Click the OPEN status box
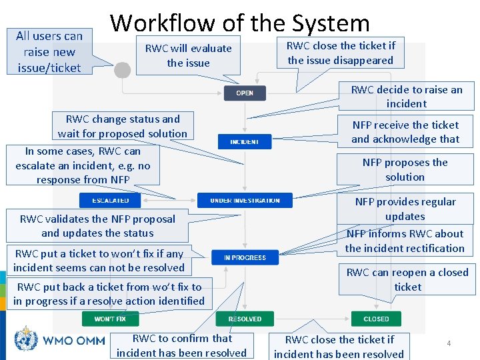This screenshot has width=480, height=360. click(x=245, y=93)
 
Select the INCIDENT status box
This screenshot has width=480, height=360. click(x=245, y=141)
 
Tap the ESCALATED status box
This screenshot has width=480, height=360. click(x=111, y=200)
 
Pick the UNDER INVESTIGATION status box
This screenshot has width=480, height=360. click(x=245, y=200)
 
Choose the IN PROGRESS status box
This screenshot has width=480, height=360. click(x=245, y=257)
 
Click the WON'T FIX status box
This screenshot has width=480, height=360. click(x=110, y=319)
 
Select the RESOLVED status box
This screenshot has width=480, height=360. click(x=245, y=319)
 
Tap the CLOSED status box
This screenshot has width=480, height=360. click(x=376, y=319)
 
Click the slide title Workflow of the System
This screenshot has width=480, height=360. click(x=240, y=23)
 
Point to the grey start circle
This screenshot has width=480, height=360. click(x=123, y=69)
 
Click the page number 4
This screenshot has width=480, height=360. click(x=449, y=343)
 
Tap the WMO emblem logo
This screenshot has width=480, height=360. click(x=27, y=339)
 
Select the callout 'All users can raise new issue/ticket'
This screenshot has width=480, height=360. click(x=49, y=51)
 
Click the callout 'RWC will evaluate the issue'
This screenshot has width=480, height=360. click(x=188, y=55)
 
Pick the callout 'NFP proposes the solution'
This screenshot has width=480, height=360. click(x=405, y=169)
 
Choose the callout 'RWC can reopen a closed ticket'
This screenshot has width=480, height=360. click(x=407, y=279)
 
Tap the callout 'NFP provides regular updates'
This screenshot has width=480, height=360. click(x=405, y=209)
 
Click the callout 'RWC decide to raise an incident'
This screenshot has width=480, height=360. click(x=406, y=96)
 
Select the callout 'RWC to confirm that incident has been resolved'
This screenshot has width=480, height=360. click(x=181, y=345)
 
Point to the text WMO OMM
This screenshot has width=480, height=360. click(x=74, y=340)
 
